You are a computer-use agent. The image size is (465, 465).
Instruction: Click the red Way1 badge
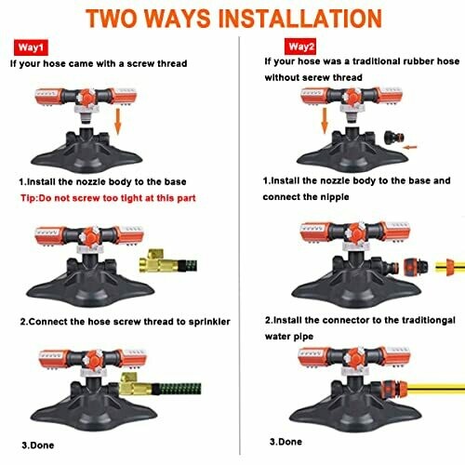(x=31, y=47)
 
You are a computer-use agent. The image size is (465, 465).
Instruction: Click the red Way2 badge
(x=300, y=46)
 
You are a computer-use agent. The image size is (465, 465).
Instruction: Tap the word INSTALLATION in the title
(x=300, y=19)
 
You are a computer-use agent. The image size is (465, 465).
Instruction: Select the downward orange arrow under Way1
(x=117, y=122)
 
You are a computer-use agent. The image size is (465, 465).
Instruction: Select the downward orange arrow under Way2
(x=325, y=121)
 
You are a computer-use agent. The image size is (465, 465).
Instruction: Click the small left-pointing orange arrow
(x=410, y=147)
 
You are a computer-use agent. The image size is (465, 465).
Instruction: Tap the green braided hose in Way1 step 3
(x=177, y=389)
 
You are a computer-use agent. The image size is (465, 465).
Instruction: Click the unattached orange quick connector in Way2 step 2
(x=416, y=267)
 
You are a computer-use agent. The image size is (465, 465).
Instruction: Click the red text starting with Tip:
(x=108, y=198)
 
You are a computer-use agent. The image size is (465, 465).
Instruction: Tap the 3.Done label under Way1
(x=38, y=445)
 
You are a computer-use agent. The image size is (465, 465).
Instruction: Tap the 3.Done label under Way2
(x=286, y=442)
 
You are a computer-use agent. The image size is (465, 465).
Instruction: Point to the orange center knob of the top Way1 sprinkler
(x=87, y=97)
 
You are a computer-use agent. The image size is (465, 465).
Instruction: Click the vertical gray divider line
(x=239, y=246)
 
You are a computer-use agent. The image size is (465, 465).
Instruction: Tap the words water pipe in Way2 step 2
(x=289, y=337)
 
